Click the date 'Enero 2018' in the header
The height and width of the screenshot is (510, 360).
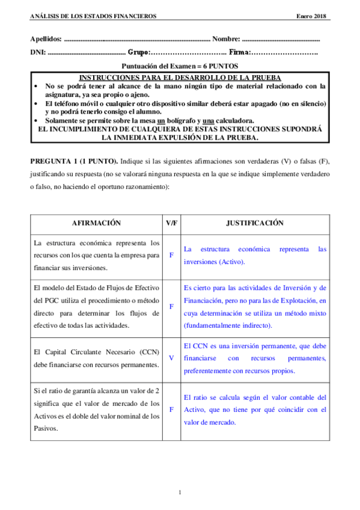[x=311, y=16]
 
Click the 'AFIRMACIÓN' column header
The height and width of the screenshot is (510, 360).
[x=96, y=223]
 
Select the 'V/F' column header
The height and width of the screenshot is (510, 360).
[x=171, y=223]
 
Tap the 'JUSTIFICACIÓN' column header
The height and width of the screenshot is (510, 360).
[x=254, y=223]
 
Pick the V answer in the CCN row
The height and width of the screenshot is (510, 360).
[x=171, y=358]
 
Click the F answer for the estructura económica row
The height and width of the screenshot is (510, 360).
[x=171, y=256]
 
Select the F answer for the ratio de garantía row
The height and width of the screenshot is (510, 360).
[x=171, y=409]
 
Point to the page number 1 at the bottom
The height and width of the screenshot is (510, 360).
[x=180, y=493]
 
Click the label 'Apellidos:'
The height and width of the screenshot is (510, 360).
[x=45, y=38]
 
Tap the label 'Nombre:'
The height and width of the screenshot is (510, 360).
[x=226, y=38]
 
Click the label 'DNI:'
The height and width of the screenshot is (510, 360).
[x=37, y=52]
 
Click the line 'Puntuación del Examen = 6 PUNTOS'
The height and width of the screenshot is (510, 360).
[x=180, y=66]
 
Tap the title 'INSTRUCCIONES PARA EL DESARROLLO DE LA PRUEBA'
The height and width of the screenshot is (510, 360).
[x=180, y=79]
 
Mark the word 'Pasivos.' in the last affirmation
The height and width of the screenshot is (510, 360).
[x=47, y=428]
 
